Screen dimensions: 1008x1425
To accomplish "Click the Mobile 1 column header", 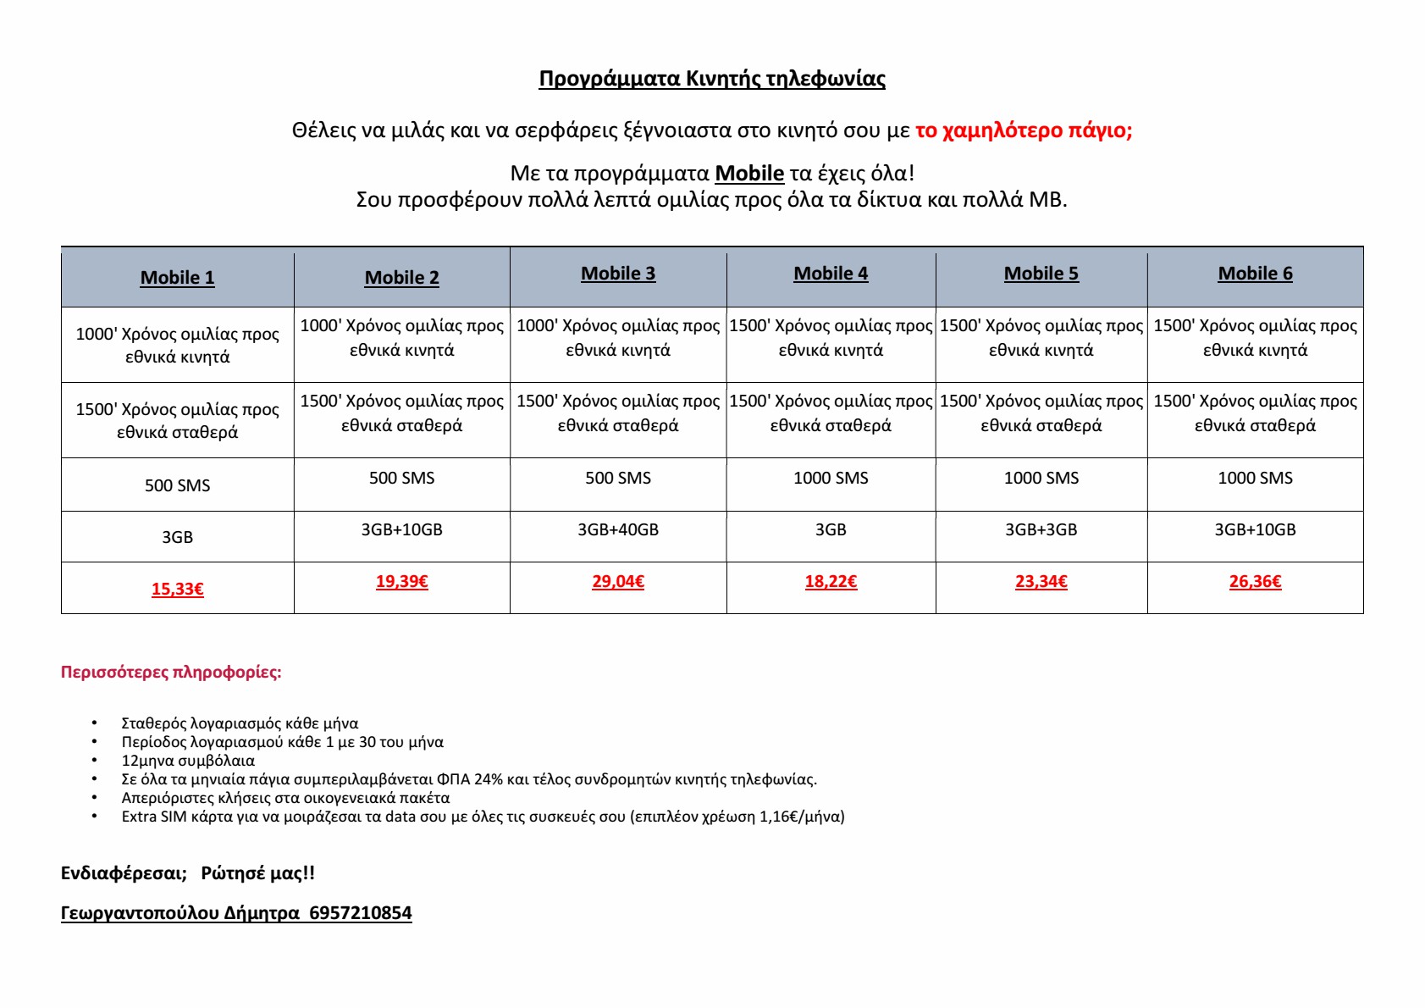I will tap(177, 278).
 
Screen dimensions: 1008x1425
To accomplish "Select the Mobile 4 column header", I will tap(831, 274).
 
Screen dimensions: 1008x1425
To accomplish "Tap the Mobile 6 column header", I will tap(1255, 274).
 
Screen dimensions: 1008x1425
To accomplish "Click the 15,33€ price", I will tap(177, 589).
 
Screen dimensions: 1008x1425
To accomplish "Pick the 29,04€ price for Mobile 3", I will tap(618, 581).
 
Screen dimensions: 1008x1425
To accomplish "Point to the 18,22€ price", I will tap(831, 581).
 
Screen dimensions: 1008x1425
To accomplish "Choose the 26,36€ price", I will tap(1255, 581).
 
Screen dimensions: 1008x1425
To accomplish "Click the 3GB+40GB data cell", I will tap(618, 529).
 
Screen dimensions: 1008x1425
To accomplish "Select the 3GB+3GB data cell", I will tap(1041, 529).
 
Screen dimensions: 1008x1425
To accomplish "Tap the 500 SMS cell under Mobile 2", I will tap(401, 478).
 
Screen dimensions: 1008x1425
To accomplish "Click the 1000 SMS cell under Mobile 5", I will tap(1041, 478).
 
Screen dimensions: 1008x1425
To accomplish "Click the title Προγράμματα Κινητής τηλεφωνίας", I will tap(712, 79).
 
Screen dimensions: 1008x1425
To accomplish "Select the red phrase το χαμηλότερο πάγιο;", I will tap(1024, 130).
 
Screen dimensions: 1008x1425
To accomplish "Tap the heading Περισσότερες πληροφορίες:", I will tap(171, 673).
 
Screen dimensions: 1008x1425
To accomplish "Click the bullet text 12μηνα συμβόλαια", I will tap(188, 761).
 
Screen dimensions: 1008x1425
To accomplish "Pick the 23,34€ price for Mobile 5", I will tap(1041, 581).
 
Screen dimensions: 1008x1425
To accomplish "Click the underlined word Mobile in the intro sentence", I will tap(749, 174).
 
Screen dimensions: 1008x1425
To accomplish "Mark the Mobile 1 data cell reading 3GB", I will tap(177, 537).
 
